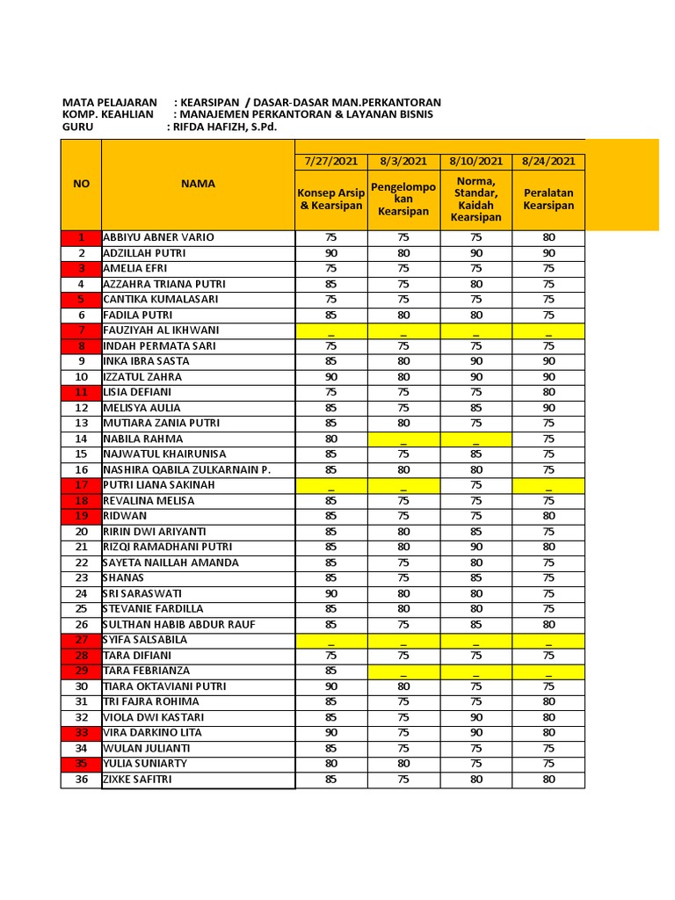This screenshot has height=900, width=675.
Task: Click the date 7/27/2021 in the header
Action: (330, 161)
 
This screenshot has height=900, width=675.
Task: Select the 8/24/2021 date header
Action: (548, 161)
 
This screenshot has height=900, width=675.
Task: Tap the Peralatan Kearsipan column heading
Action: (548, 200)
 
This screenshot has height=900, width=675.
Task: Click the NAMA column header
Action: (198, 184)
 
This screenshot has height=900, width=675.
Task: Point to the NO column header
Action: (81, 184)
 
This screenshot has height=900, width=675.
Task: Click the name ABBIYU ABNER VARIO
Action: (158, 237)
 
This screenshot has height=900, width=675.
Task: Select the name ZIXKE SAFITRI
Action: (137, 779)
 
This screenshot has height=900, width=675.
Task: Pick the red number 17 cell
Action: (81, 485)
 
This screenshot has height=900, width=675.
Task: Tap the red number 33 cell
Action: (81, 732)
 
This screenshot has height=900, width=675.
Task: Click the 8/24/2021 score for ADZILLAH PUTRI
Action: (548, 253)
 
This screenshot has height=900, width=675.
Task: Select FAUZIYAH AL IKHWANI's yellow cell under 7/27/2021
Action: (330, 330)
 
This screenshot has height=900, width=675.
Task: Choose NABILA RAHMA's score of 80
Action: (330, 439)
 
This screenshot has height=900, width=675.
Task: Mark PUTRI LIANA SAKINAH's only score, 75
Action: (475, 485)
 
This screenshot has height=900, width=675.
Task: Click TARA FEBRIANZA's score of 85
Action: (330, 671)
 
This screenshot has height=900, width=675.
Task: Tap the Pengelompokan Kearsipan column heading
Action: (403, 200)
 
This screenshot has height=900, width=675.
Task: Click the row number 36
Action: (81, 779)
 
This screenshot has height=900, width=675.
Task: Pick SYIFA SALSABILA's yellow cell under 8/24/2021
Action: (548, 640)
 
